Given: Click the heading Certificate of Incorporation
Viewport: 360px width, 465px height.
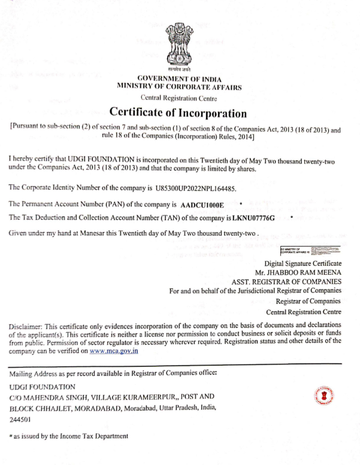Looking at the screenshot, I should point(179,113).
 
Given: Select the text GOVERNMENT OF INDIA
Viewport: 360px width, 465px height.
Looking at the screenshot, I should point(180,79).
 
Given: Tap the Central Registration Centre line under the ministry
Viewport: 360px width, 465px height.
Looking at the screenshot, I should point(179,98).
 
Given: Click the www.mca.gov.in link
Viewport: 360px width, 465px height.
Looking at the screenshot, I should point(114,351).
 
